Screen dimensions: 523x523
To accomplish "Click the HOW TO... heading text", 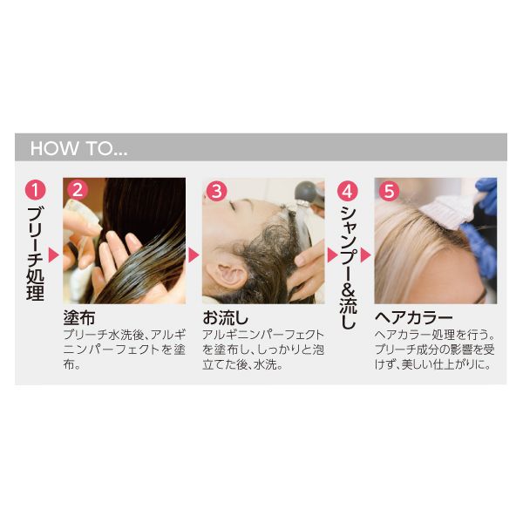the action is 78,148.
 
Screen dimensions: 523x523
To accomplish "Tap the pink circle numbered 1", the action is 36,190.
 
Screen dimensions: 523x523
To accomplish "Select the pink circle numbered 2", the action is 78,190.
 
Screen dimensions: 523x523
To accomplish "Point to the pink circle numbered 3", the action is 216,191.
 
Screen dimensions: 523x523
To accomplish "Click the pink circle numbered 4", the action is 347,192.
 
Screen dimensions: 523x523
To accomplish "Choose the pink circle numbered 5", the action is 390,191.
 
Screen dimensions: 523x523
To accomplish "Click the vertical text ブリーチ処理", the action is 36,254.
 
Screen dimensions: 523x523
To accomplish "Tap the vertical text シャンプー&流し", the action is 348,268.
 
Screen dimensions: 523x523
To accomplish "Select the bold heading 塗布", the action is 79,317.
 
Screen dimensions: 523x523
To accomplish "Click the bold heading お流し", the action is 226,317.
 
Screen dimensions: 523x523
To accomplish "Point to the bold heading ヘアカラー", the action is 413,317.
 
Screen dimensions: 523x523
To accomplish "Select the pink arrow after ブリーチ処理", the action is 54,255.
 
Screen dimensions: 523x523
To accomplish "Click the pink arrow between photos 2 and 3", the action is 194,255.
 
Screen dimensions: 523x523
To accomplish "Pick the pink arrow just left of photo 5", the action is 365,255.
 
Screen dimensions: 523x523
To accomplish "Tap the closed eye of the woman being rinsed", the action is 233,207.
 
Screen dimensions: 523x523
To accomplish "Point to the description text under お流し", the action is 263,350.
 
